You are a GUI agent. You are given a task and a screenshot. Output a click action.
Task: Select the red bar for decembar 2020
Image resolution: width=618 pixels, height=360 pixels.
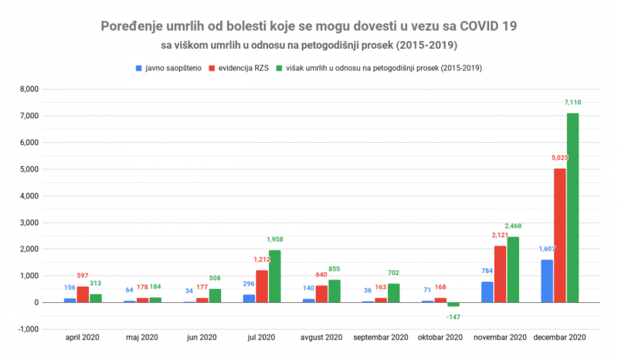560,235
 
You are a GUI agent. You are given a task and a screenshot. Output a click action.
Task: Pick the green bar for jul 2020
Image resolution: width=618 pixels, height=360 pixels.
274,276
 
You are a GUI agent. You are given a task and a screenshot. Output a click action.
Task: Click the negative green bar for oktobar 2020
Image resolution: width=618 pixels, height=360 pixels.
453,304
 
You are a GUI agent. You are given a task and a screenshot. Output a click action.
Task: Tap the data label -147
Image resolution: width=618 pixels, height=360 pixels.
453,316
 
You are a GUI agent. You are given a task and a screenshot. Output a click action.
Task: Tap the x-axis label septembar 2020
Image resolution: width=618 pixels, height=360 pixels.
379,338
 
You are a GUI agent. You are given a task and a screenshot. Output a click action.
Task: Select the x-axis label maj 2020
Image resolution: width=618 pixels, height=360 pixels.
141,338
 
